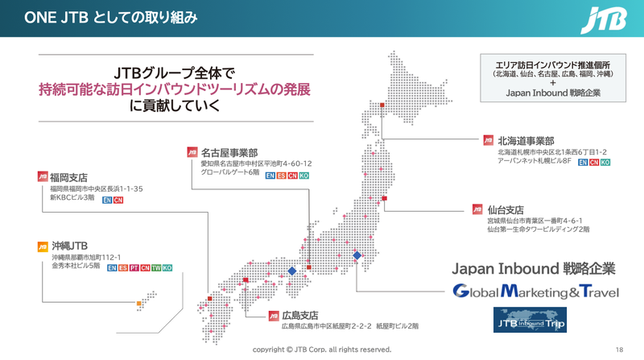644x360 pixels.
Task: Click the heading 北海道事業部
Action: pos(526,140)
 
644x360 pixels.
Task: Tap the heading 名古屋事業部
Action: pos(229,152)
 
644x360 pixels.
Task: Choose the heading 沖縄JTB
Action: pos(69,245)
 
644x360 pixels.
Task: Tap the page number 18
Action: pos(619,350)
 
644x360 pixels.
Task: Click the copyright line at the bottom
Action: pos(322,350)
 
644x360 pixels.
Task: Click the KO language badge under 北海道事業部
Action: pos(605,162)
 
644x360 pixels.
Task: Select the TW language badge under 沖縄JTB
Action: pos(156,267)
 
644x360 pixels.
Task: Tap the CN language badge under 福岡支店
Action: pos(118,200)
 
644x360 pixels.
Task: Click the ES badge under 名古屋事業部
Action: pos(282,175)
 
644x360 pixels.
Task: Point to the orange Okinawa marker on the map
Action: pos(138,304)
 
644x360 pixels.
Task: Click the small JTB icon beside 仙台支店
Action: pos(489,208)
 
